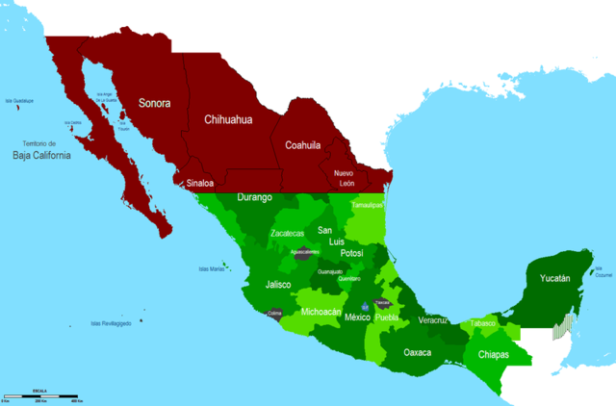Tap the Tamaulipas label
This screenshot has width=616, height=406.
click(367, 205)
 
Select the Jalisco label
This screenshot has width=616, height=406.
click(279, 285)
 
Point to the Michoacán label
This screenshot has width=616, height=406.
click(321, 312)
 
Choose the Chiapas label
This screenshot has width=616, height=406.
click(494, 355)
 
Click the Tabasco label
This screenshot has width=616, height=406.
click(482, 323)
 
